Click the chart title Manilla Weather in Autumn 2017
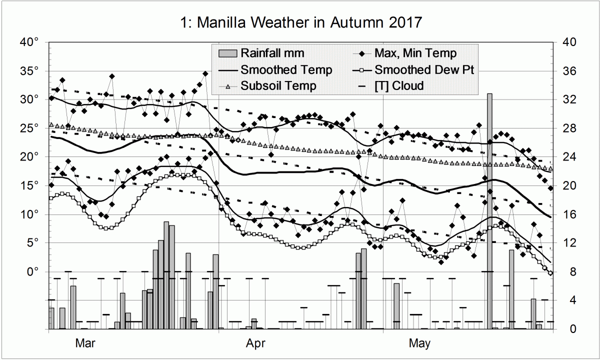[300, 22]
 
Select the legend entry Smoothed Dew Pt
[424, 69]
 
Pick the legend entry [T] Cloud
[399, 86]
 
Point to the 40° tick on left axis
[29, 42]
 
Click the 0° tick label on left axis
[32, 272]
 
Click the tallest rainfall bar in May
[490, 210]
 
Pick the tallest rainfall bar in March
[166, 275]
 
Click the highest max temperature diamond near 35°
[205, 73]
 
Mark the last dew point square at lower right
[550, 273]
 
